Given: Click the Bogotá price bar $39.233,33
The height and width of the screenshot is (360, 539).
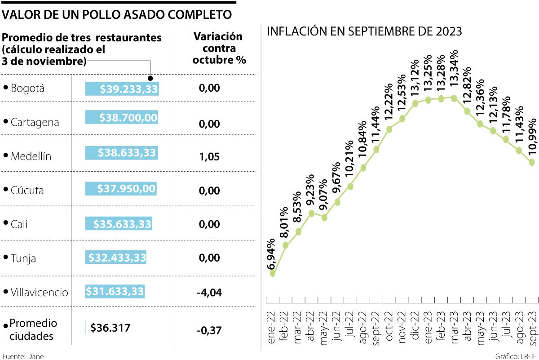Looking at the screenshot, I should (x=122, y=89).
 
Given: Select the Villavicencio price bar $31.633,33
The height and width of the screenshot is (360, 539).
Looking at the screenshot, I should (x=115, y=292).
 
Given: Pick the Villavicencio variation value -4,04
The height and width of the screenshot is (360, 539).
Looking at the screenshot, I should (x=209, y=293).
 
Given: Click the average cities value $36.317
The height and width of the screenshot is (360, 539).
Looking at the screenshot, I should (x=110, y=328).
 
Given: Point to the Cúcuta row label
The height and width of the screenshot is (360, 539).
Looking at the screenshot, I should (x=27, y=190).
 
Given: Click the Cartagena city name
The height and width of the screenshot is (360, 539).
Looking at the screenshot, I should (x=35, y=122).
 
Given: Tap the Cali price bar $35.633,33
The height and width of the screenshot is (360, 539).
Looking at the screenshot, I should (x=119, y=224).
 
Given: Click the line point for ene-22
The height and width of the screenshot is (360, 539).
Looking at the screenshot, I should (x=273, y=273).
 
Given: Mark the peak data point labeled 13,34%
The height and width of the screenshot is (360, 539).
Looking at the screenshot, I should (x=454, y=98).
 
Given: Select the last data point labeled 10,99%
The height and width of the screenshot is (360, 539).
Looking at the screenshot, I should (x=532, y=162).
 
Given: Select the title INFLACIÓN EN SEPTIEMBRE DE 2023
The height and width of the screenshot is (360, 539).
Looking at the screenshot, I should (x=364, y=31).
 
